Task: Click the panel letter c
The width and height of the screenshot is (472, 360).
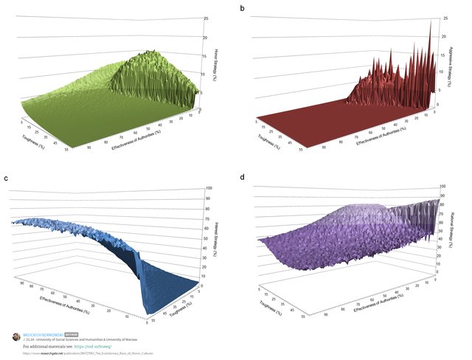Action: click(x=6, y=179)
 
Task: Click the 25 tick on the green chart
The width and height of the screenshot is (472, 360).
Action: click(x=205, y=18)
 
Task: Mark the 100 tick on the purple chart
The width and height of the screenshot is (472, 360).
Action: click(x=445, y=188)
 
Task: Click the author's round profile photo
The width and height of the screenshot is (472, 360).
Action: click(x=16, y=336)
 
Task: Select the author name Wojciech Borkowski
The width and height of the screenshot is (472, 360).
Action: click(x=44, y=333)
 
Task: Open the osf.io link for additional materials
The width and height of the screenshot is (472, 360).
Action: click(x=94, y=345)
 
